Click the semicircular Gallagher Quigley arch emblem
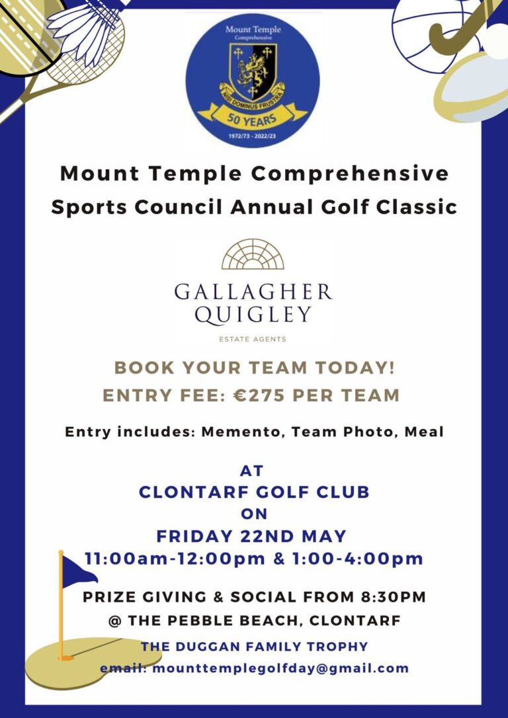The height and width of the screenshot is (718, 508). tap(253, 255)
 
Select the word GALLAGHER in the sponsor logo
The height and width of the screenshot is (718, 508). tap(253, 292)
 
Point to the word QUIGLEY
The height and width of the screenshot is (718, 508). tap(253, 314)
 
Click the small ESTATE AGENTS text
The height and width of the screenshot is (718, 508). tap(253, 339)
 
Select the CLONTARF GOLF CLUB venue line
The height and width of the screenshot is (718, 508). tap(253, 492)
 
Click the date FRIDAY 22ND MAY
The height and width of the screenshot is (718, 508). tap(251, 536)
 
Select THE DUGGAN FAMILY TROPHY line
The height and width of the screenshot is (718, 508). tap(254, 646)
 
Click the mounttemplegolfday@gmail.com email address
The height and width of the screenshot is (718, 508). tap(280, 668)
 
